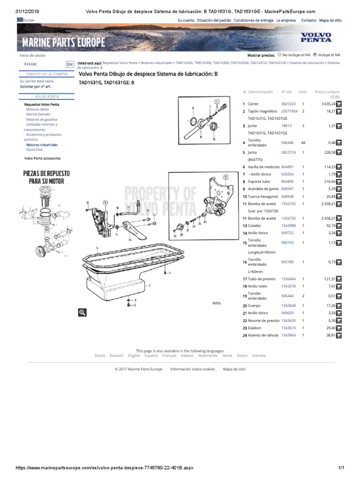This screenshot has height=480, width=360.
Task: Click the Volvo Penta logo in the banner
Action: (x=315, y=37)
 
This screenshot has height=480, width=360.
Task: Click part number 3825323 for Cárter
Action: (x=289, y=104)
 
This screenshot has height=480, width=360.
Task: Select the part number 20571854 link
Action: (x=289, y=111)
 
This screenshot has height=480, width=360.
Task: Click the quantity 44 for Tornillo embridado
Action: (x=304, y=142)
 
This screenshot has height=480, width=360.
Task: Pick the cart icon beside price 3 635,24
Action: (x=339, y=104)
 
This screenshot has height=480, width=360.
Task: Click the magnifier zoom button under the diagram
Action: (x=82, y=313)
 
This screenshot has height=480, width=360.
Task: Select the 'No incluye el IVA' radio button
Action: (x=279, y=54)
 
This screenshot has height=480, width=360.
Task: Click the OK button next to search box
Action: (x=69, y=64)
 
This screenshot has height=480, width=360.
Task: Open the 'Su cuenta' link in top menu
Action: (x=186, y=21)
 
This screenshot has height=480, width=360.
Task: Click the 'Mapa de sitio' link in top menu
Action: (x=330, y=21)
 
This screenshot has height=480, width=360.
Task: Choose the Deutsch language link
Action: (x=116, y=355)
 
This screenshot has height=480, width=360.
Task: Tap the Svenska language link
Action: (x=258, y=355)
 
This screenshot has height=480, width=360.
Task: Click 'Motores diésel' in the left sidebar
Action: (x=37, y=109)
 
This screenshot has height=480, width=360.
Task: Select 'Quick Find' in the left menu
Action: (x=34, y=150)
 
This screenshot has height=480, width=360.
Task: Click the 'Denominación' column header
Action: (x=260, y=92)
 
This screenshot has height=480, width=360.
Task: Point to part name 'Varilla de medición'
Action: (x=263, y=167)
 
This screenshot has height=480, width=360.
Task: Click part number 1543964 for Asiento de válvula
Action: (x=289, y=336)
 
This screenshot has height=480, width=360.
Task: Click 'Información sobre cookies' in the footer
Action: (x=193, y=369)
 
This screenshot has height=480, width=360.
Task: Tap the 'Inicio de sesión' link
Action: (x=32, y=55)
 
